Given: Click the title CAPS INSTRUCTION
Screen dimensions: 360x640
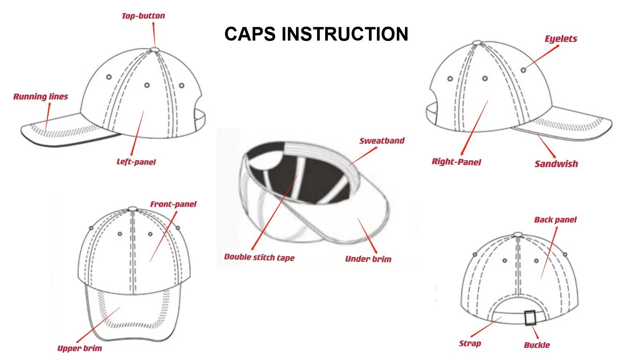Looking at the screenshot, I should tap(316, 34).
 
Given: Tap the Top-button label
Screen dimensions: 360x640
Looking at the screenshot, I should tap(143, 16).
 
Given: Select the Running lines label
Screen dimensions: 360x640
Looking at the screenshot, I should tap(41, 96).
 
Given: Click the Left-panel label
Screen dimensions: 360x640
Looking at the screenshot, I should tap(136, 162).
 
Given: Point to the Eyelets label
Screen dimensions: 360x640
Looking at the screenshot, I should tap(561, 39).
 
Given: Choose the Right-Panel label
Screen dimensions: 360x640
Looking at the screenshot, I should tap(456, 162).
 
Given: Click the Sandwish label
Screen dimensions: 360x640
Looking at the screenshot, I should tap(556, 164).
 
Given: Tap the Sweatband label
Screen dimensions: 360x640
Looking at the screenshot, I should tap(382, 141).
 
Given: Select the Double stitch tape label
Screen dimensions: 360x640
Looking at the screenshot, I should tap(259, 257).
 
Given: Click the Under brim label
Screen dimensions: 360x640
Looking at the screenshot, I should tap(368, 259).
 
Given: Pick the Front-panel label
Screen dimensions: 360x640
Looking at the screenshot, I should tap(173, 204).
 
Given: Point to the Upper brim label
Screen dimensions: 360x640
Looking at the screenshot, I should tap(80, 348).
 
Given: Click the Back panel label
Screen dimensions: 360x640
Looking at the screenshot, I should tap(555, 220).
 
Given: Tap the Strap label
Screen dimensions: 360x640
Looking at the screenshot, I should tap(470, 343).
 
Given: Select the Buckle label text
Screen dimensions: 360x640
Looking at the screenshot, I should tap(537, 345).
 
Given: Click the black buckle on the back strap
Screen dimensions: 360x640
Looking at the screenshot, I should tap(530, 318).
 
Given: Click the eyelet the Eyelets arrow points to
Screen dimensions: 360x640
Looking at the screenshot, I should tap(523, 70).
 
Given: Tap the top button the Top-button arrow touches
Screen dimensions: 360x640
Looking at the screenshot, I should tap(155, 50).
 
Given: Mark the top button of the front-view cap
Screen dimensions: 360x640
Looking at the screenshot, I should tap(133, 209).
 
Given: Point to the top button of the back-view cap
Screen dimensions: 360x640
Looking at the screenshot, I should tap(518, 234).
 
